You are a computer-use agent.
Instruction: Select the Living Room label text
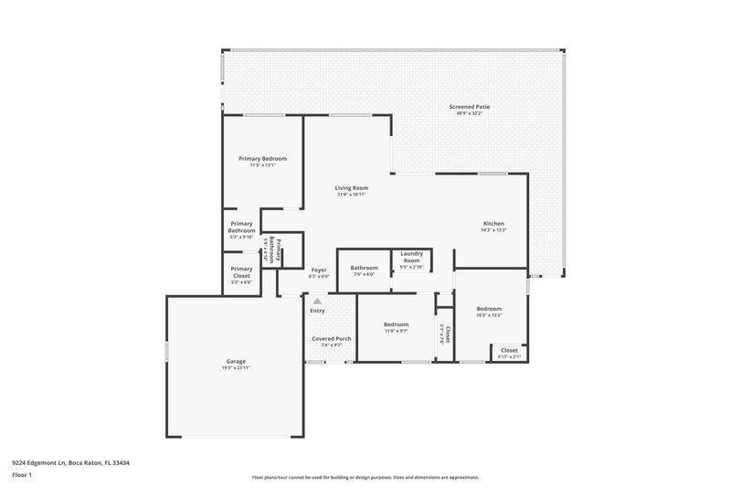click(x=351, y=187)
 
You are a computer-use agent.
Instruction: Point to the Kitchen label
click(x=493, y=224)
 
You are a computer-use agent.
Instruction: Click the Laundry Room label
click(x=411, y=255)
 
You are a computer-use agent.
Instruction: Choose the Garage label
click(x=236, y=361)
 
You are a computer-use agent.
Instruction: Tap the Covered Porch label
click(x=331, y=338)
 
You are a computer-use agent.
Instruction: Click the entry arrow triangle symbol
click(x=317, y=300)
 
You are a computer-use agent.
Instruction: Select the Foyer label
click(x=319, y=270)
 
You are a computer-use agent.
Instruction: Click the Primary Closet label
click(x=241, y=271)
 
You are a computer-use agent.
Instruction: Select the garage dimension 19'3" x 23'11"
click(x=236, y=367)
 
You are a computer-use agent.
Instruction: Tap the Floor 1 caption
click(x=22, y=475)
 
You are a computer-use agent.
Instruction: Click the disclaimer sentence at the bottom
click(x=365, y=477)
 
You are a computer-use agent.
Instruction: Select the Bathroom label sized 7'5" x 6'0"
click(x=364, y=268)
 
